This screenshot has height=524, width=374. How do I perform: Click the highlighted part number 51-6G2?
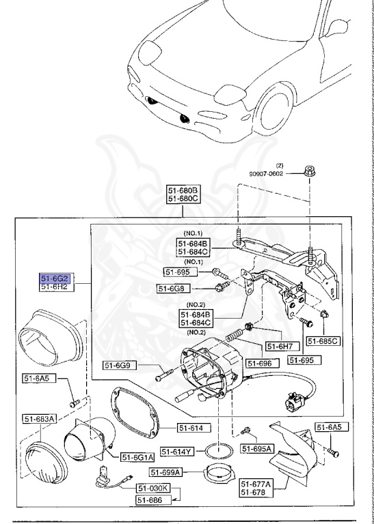55,278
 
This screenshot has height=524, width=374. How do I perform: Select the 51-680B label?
183,190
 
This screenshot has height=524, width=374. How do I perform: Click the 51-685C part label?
323,340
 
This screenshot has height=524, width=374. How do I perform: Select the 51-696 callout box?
261,364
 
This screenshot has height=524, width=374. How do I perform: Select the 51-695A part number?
256,448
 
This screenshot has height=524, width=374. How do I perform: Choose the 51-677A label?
256,483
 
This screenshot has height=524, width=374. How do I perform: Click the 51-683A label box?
40,419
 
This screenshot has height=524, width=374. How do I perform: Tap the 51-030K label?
152,489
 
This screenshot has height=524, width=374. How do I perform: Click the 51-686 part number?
152,499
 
